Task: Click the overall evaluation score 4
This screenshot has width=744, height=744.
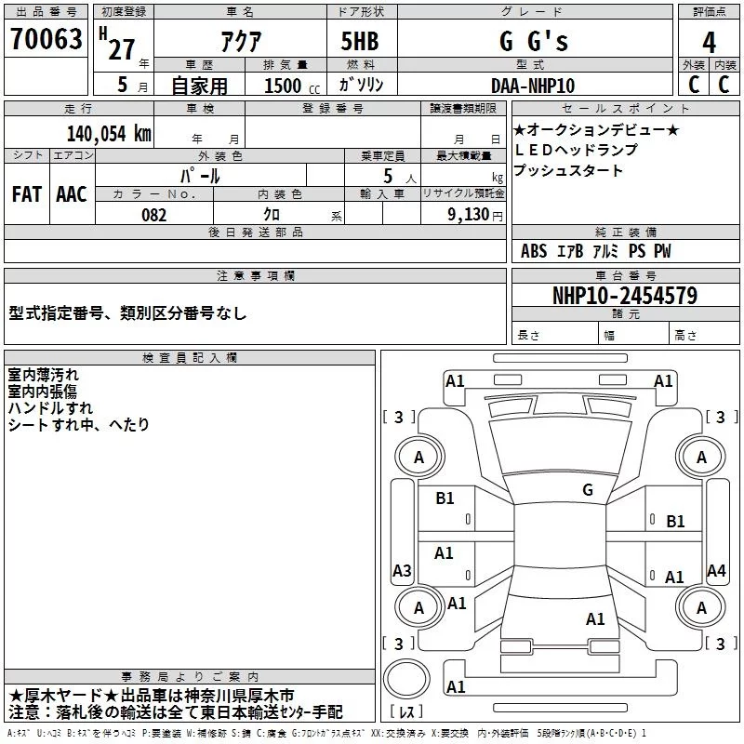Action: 709,42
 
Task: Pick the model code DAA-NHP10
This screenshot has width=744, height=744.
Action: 533,86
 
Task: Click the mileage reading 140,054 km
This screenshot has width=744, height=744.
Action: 108,133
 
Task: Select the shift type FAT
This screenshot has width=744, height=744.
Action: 26,194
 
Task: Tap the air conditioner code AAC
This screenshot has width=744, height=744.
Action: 71,194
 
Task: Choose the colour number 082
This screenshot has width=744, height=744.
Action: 154,215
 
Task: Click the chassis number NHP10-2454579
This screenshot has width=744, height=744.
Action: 624,296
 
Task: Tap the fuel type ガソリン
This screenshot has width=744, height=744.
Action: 361,85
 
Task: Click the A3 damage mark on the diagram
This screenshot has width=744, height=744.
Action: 402,571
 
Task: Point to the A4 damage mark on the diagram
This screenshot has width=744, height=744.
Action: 716,571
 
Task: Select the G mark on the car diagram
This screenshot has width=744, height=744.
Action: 588,490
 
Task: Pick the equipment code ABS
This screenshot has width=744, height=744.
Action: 534,251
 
